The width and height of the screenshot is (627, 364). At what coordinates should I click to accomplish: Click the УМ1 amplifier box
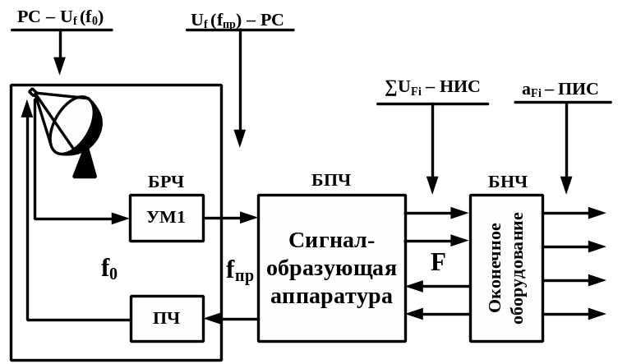click(x=166, y=218)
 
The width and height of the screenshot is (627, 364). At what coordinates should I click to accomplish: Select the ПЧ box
click(x=167, y=318)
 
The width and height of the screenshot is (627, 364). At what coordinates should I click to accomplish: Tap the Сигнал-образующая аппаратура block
click(x=331, y=268)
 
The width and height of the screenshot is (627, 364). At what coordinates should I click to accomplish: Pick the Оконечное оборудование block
click(x=506, y=268)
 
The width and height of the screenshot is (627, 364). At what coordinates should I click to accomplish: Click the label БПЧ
click(x=331, y=180)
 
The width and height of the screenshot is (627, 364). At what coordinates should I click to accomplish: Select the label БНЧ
click(x=507, y=182)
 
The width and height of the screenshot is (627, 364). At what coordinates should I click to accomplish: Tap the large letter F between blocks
click(x=439, y=263)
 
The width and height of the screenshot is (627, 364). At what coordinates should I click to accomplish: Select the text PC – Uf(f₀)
click(x=61, y=17)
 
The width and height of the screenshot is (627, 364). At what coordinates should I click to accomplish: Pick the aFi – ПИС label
click(x=560, y=90)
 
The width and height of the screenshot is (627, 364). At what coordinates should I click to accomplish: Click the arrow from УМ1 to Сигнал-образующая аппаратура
click(x=231, y=218)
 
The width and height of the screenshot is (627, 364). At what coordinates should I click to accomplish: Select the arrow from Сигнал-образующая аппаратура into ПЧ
click(x=231, y=318)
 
